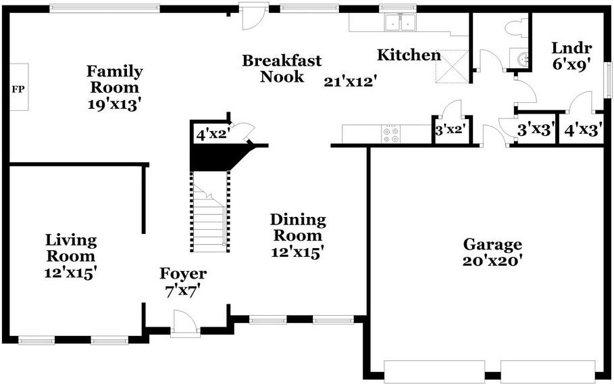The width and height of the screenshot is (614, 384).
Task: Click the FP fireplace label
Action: pyautogui.click(x=18, y=89)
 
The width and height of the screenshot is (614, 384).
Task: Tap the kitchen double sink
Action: pyautogui.click(x=400, y=22)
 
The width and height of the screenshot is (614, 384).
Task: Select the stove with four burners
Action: pyautogui.click(x=391, y=134)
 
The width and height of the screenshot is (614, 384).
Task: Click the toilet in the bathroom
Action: pyautogui.click(x=516, y=28)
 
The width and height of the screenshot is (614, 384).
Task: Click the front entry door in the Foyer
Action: pyautogui.click(x=185, y=323)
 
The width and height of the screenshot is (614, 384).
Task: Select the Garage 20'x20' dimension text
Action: pyautogui.click(x=492, y=260)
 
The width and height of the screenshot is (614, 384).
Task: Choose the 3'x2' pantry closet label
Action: pyautogui.click(x=453, y=130)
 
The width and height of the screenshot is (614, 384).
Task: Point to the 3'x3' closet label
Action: pyautogui.click(x=536, y=130)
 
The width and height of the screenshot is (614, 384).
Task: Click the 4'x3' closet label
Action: pyautogui.click(x=583, y=130)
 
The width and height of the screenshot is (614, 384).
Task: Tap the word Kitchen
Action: pyautogui.click(x=409, y=55)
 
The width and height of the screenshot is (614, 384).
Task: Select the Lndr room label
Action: pyautogui.click(x=571, y=48)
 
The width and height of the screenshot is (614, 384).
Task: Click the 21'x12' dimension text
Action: pyautogui.click(x=350, y=82)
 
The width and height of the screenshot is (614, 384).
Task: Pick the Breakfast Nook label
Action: pyautogui.click(x=282, y=68)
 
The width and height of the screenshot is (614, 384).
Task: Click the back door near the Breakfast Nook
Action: pyautogui.click(x=254, y=16)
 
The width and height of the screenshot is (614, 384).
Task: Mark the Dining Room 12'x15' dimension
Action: pyautogui.click(x=298, y=252)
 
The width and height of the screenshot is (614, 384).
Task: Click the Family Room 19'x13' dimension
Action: pyautogui.click(x=114, y=105)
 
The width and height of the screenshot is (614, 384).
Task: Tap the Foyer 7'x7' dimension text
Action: pyautogui.click(x=183, y=291)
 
